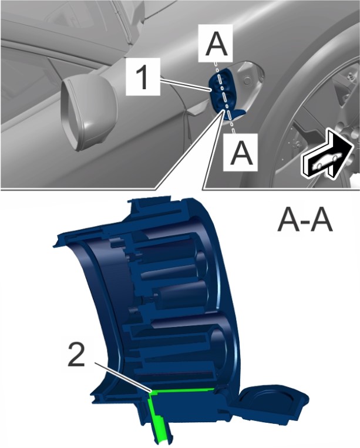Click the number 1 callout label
point(143,76)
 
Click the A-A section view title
point(305,221)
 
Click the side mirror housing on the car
point(89,112)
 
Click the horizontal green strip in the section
point(183,390)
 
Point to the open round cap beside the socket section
point(273,403)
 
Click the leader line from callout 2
point(122,377)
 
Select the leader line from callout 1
point(186,86)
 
